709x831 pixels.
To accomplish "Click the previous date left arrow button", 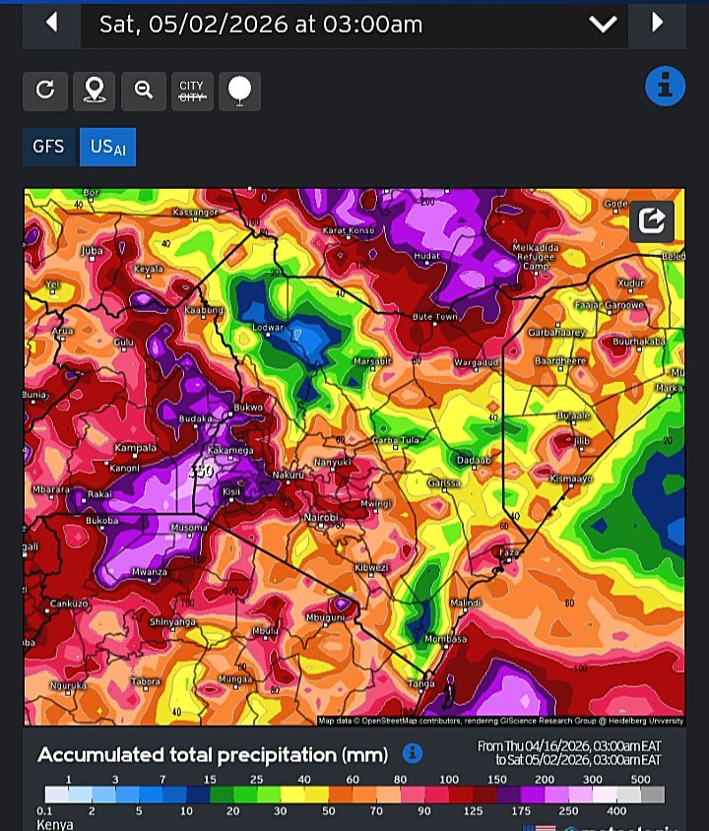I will (50, 22).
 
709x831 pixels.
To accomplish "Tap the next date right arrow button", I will (657, 22).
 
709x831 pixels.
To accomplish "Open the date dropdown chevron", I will (603, 25).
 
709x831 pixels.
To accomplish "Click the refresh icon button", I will (44, 91).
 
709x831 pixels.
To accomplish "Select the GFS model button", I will (48, 147).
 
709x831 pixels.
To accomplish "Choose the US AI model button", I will (107, 147).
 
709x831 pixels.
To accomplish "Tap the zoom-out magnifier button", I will (144, 91).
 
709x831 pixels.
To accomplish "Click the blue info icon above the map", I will (665, 87).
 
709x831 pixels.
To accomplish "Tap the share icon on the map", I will (652, 221).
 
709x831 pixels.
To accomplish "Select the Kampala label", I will (136, 448).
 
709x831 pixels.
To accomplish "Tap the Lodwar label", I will (268, 327).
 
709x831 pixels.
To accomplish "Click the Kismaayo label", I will (570, 478).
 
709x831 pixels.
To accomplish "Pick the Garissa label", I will (446, 482).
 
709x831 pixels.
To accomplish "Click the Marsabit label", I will (372, 361).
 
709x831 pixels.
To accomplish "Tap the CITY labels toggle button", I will (191, 91).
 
